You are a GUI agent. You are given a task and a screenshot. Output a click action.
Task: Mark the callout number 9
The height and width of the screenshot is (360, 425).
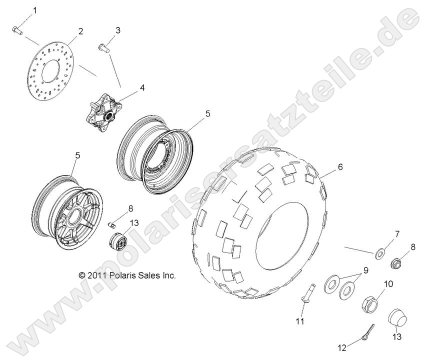pyautogui.click(x=365, y=270)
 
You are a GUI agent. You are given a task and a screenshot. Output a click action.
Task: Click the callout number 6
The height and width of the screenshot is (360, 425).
pyautogui.click(x=340, y=168)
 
